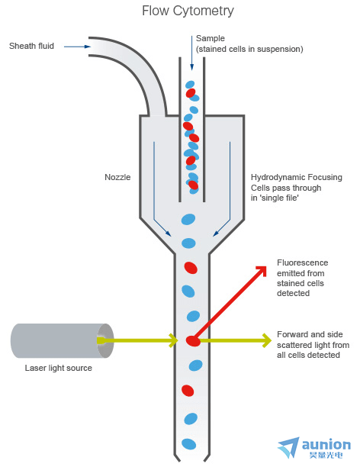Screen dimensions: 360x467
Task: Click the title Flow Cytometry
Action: [188, 11]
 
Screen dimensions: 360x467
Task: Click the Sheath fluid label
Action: [31, 46]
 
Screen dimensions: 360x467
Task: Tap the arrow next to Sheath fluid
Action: [77, 47]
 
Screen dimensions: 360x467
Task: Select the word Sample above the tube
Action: [211, 38]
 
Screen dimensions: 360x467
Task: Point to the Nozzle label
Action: [117, 177]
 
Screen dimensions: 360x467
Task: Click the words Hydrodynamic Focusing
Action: [296, 177]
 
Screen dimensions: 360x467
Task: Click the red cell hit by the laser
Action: [193, 341]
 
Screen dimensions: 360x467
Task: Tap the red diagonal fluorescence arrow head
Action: [261, 271]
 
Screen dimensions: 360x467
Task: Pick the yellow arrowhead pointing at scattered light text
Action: [267, 340]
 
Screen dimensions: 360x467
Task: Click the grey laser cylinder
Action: [62, 341]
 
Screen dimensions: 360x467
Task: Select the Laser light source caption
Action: [59, 368]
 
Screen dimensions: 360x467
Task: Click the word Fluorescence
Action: [302, 262]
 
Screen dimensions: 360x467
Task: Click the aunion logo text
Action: [326, 445]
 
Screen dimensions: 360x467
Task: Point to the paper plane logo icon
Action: [288, 448]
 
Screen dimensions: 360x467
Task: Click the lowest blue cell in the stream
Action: [189, 444]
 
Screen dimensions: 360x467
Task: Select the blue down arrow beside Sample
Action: [191, 53]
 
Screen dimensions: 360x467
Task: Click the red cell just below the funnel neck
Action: [191, 268]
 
